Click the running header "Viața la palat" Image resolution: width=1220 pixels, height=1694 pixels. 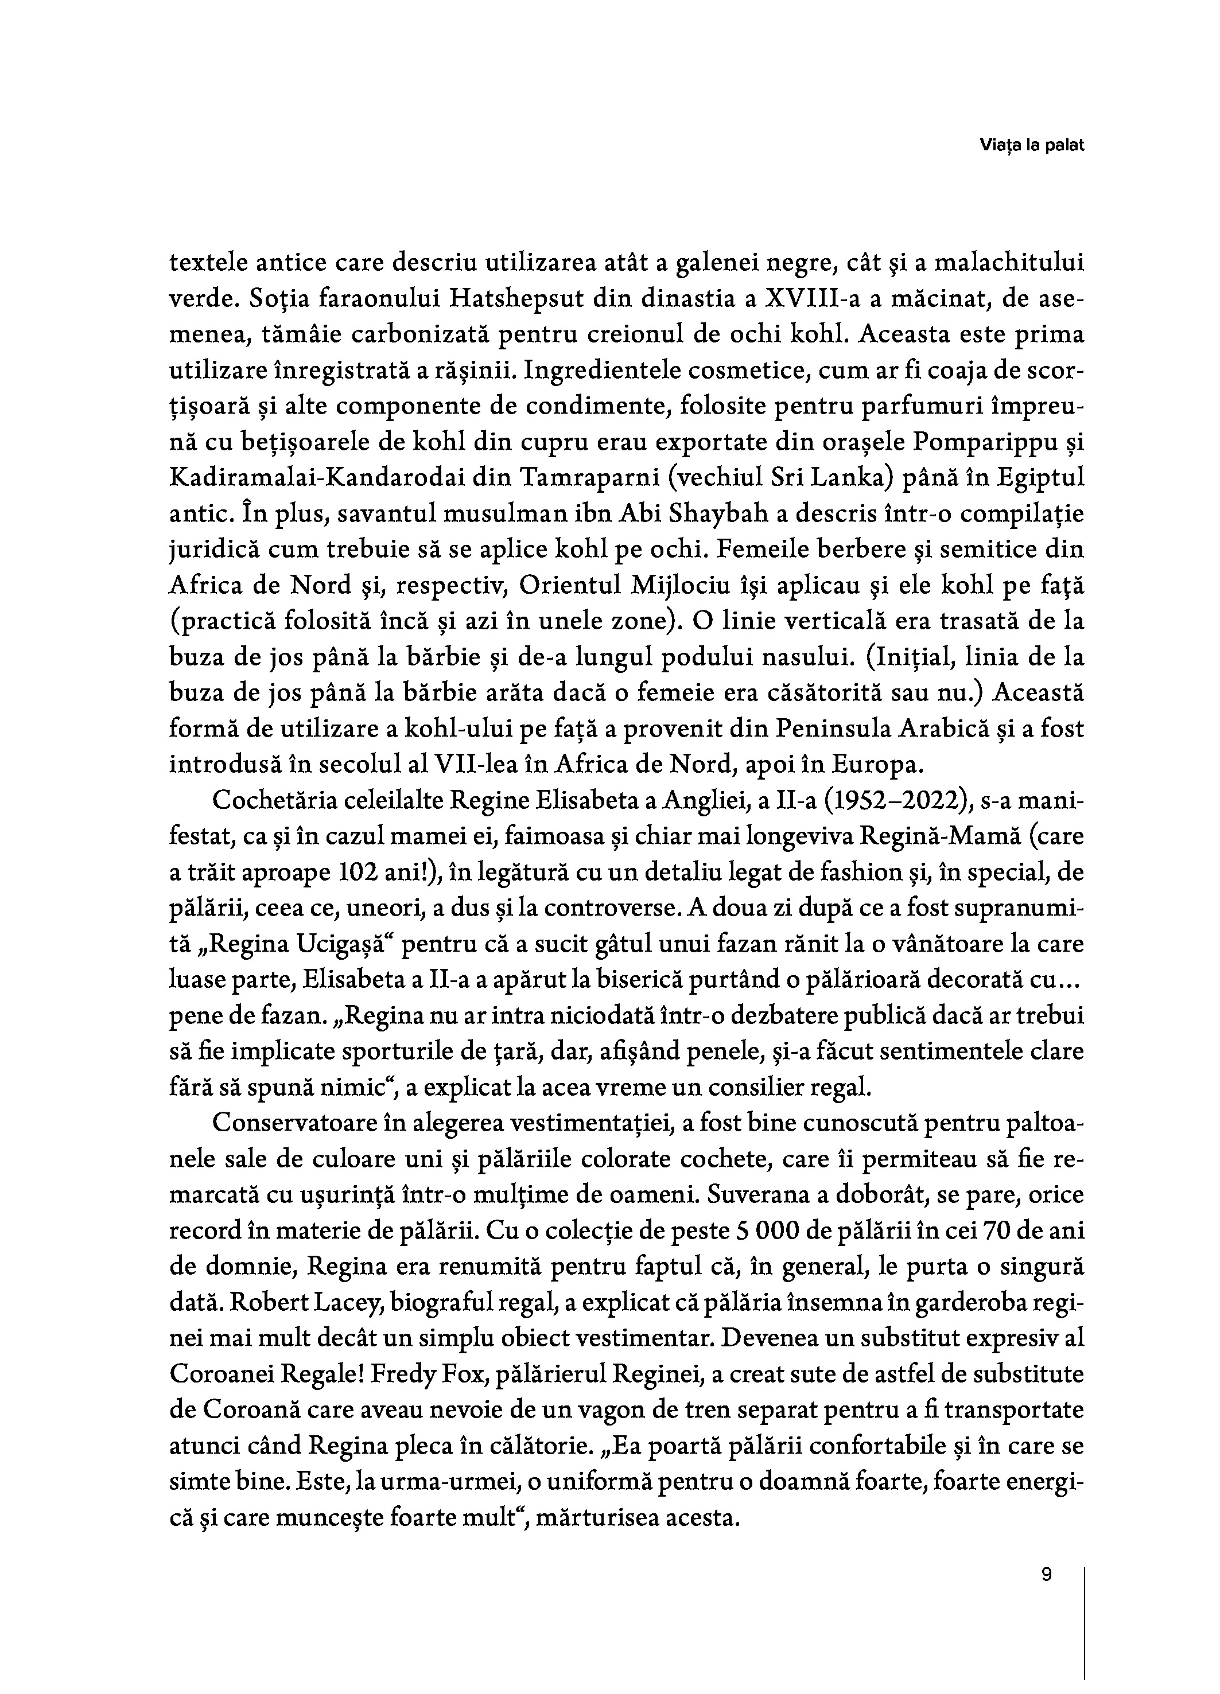(1031, 146)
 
